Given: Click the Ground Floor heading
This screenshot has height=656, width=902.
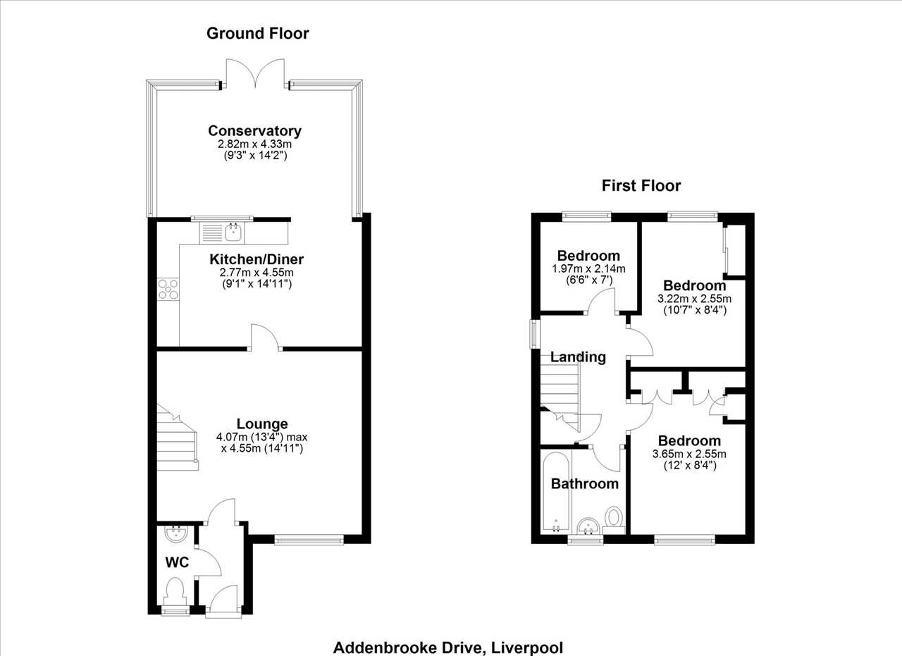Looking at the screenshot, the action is point(258,33).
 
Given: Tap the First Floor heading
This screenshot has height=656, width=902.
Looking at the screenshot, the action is point(641,185).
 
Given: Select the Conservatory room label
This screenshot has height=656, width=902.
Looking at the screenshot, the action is point(254,131).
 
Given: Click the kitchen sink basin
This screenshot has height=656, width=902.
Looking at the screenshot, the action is point(233,233).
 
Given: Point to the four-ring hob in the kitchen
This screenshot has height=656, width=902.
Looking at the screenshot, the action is point(168,289).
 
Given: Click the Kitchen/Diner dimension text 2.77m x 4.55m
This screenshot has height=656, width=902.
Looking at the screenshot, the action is point(257,273).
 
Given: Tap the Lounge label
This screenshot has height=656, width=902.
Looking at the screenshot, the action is point(262,423).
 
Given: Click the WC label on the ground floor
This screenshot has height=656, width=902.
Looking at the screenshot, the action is point(177,562).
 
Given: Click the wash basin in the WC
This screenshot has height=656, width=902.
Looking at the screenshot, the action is point(176,534).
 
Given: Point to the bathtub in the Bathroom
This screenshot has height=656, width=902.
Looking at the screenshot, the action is point(556,491).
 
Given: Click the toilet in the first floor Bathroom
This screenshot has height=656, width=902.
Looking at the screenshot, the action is point(614,520).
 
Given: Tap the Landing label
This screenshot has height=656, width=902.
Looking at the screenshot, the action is point(578,357).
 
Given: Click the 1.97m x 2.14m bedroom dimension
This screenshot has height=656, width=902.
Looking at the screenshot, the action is point(588,268).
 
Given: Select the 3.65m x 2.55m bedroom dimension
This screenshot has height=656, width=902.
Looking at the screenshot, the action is point(689,454).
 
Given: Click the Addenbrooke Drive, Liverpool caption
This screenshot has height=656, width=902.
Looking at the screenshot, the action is point(448,648).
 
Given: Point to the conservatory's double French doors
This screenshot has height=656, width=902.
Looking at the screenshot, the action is point(255,73).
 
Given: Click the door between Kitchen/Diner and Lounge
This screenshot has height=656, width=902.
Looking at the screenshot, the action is point(264,338).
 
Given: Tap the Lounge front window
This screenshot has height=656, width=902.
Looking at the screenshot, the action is point(309,540).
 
